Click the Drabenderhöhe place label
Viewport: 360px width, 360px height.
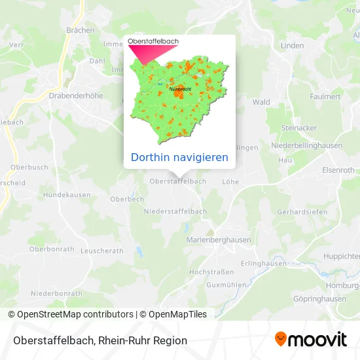(x=76, y=95)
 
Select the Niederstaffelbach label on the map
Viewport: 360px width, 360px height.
(x=175, y=211)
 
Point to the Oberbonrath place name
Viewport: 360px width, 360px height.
(x=51, y=249)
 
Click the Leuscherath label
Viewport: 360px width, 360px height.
(x=101, y=251)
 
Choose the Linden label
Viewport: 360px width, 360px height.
(x=293, y=46)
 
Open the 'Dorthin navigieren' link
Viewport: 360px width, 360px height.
(x=179, y=157)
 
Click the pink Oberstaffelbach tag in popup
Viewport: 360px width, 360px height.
(x=154, y=41)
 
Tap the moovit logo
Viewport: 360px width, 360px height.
(x=311, y=340)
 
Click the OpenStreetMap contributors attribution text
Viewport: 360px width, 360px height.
(x=76, y=314)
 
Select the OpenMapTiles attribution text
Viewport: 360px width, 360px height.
(x=177, y=314)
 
